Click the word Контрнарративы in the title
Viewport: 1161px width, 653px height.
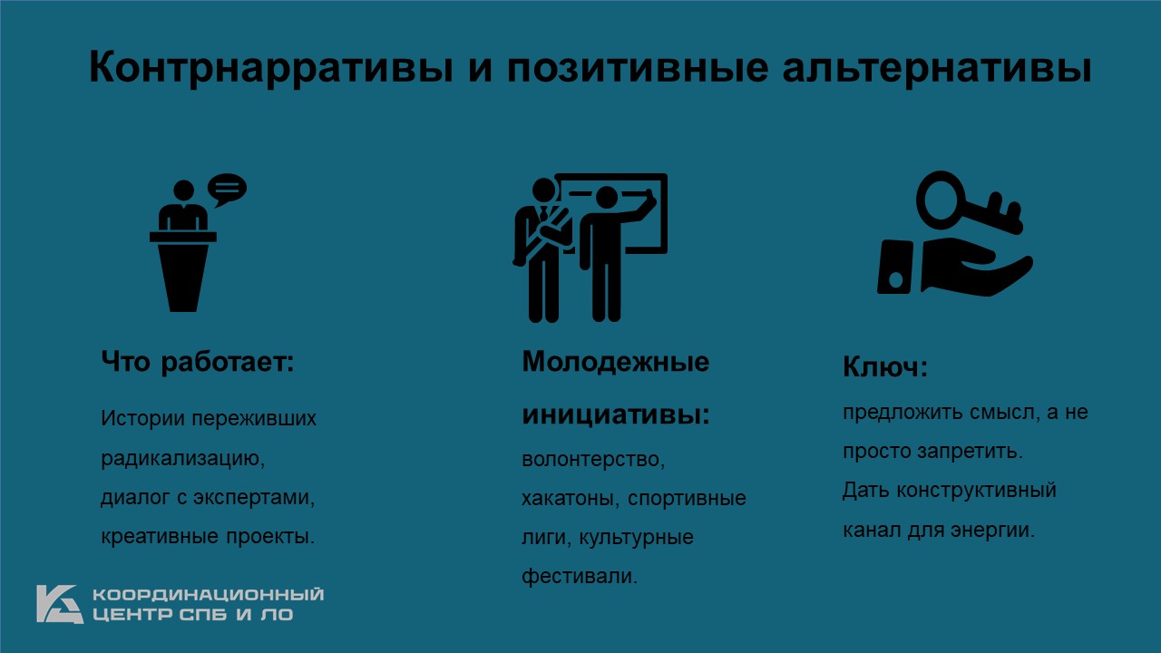pos(270,68)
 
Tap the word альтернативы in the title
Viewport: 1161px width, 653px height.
pos(937,68)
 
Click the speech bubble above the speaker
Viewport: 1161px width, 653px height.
pos(227,189)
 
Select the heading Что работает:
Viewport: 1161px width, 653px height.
pos(198,362)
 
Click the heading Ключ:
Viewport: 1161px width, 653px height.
pos(884,367)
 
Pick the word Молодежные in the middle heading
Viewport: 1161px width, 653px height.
pos(615,361)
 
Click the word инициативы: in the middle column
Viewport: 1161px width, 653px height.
pos(616,414)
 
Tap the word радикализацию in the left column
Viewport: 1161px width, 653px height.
pos(182,458)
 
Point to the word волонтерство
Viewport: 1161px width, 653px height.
pos(593,460)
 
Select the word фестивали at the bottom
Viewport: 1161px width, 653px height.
pos(580,576)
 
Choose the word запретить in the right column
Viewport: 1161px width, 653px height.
pos(970,452)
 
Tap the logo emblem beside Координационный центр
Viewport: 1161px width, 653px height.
pos(60,604)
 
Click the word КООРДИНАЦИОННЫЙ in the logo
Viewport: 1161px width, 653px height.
pos(209,594)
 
